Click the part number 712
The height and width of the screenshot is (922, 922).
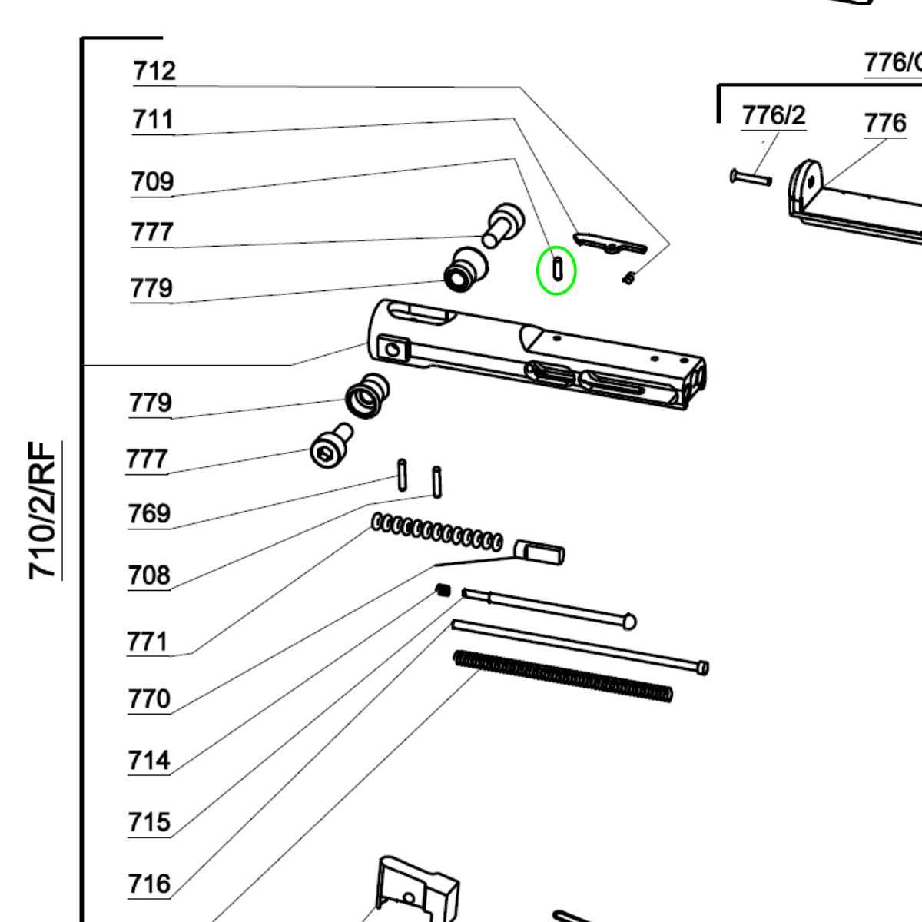pos(154,71)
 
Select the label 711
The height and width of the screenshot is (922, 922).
pos(153,120)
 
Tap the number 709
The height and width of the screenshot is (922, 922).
pos(152,182)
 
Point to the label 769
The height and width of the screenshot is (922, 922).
pos(149,513)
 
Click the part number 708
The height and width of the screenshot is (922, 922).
pos(149,575)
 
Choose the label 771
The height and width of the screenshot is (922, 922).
pos(147,641)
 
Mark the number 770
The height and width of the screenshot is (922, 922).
pos(149,699)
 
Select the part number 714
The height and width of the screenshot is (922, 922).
pos(149,761)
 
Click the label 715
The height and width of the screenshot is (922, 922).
pos(149,822)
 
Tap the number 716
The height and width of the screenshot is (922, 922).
pos(149,884)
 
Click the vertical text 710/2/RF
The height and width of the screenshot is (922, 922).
pos(43,510)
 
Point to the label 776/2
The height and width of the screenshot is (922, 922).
pos(774,115)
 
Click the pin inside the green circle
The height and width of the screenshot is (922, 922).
pos(556,270)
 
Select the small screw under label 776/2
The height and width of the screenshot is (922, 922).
pos(750,178)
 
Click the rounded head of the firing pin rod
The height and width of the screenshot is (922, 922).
pos(628,620)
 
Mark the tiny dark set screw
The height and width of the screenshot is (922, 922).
pos(442,590)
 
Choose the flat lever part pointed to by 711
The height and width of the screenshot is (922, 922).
pos(611,244)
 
